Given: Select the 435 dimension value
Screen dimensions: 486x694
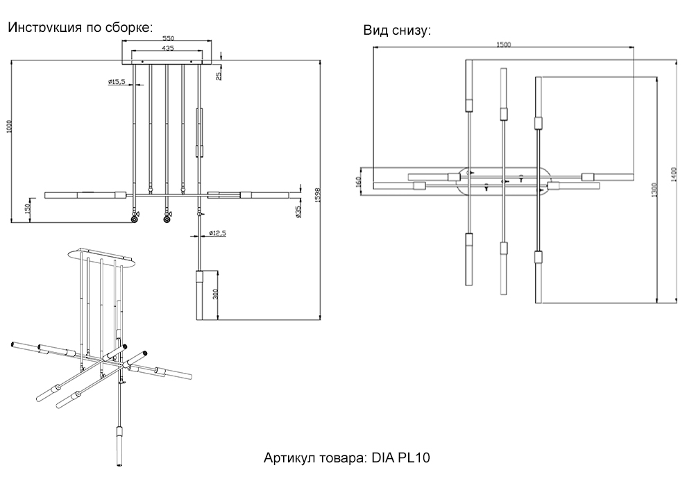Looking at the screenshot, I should click(167, 49).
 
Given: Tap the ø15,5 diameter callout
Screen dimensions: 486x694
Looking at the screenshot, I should click(117, 82).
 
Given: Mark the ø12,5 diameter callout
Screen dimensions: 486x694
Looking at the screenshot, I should click(214, 233).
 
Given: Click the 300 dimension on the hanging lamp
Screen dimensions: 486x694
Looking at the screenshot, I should click(217, 295).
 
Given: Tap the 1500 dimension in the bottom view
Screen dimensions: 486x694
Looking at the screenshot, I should click(504, 44).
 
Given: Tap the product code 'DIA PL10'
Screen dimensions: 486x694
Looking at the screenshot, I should click(401, 458).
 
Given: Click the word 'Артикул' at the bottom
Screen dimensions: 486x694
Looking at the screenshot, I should click(288, 458).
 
